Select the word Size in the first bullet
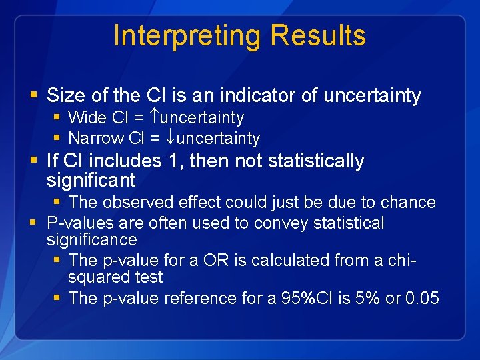point(65,96)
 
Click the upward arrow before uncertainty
point(154,118)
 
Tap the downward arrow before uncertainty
point(171,139)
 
